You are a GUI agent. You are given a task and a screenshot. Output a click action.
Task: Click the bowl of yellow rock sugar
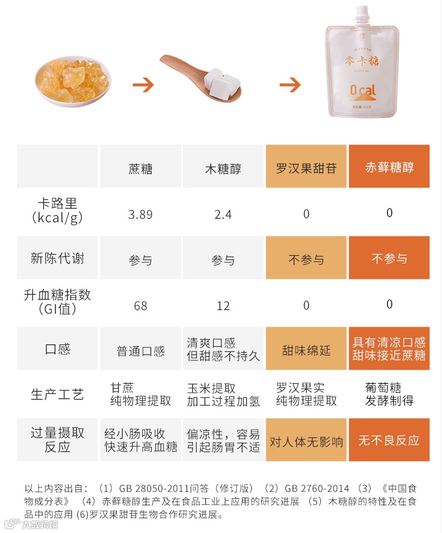pyautogui.click(x=73, y=83)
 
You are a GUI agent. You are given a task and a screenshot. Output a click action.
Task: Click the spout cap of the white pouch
pyautogui.click(x=362, y=14)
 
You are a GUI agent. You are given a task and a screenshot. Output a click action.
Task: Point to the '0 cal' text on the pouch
pyautogui.click(x=363, y=90)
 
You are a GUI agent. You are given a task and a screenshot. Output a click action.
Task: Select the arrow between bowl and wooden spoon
pyautogui.click(x=143, y=85)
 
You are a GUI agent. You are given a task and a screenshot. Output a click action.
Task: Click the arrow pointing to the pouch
pyautogui.click(x=290, y=85)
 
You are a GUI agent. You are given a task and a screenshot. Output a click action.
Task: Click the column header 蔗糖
pyautogui.click(x=140, y=169)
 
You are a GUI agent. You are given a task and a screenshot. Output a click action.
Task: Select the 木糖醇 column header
pyautogui.click(x=223, y=169)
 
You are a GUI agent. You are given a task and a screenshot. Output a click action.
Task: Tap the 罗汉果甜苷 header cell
pyautogui.click(x=306, y=166)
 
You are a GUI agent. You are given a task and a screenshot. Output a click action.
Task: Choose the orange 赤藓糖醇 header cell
pyautogui.click(x=389, y=166)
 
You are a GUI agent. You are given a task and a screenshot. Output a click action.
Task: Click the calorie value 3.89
pyautogui.click(x=140, y=215)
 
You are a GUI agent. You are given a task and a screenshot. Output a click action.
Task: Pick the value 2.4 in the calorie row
pyautogui.click(x=223, y=215)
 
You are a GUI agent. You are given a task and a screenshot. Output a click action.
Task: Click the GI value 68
pyautogui.click(x=140, y=306)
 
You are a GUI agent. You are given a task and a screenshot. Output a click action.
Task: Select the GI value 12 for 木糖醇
pyautogui.click(x=223, y=306)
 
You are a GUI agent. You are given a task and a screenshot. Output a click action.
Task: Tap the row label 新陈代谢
pyautogui.click(x=57, y=258)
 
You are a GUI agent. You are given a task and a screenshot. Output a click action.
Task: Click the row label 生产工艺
pyautogui.click(x=57, y=394)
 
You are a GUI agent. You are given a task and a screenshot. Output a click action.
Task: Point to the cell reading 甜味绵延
pyautogui.click(x=306, y=350)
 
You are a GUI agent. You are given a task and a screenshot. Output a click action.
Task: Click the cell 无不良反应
pyautogui.click(x=389, y=440)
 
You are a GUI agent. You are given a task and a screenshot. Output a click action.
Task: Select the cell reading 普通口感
pyautogui.click(x=140, y=351)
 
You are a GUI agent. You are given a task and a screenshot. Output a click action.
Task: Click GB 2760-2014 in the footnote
pyautogui.click(x=317, y=488)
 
